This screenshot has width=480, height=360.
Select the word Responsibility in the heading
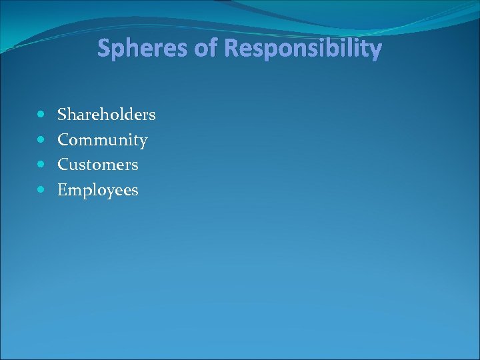303,49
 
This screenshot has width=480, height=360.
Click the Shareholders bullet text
107,115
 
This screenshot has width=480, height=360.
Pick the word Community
102,140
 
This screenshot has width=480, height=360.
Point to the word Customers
98,164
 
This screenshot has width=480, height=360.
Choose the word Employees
98,190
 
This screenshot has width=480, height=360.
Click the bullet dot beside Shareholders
41,115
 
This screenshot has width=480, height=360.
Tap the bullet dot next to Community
41,140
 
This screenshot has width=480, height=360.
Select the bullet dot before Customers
41,164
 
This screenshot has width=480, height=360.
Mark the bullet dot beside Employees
41,190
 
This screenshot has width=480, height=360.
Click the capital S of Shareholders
62,115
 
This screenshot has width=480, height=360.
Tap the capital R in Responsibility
231,49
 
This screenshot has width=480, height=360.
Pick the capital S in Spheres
104,49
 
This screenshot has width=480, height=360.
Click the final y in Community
143,142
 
